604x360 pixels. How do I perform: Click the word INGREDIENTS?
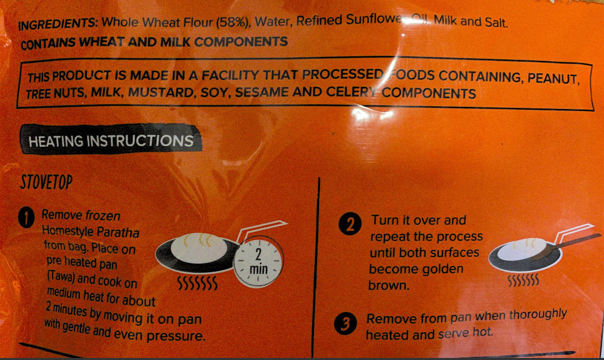(58, 24)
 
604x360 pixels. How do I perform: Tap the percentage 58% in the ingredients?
(232, 22)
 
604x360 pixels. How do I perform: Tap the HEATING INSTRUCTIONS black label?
(111, 140)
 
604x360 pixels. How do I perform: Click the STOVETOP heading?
(46, 182)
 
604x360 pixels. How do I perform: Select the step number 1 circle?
(26, 218)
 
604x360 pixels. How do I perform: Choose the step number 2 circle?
(350, 224)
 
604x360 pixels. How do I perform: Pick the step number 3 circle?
(345, 323)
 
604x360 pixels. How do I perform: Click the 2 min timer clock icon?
(259, 261)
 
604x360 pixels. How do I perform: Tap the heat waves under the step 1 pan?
(197, 283)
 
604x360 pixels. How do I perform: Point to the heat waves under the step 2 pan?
(523, 280)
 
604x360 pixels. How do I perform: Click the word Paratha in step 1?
(118, 232)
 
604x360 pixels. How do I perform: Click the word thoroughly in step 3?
(538, 315)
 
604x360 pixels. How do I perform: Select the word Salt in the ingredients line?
(496, 22)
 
